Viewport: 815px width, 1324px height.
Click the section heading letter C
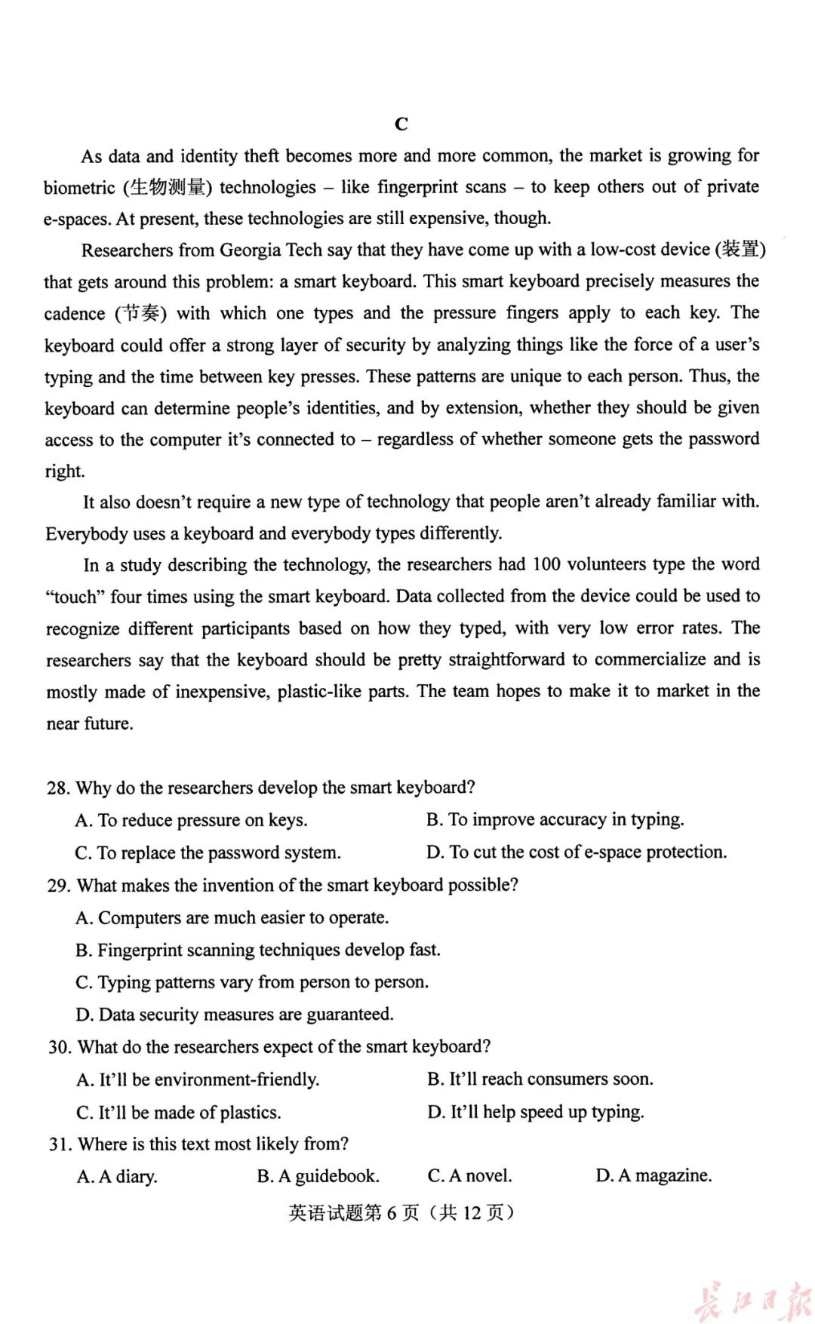tap(401, 124)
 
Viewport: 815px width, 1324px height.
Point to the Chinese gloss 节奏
tap(141, 313)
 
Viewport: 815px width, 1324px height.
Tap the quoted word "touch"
tap(75, 597)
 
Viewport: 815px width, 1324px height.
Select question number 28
tap(58, 788)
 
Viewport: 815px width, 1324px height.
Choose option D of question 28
tap(577, 852)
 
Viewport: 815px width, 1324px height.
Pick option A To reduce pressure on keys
tap(192, 820)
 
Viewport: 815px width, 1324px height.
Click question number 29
tap(58, 886)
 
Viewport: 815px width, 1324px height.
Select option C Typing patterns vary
tap(252, 982)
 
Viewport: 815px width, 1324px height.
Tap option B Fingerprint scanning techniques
tap(258, 950)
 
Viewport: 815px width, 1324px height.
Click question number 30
tap(59, 1047)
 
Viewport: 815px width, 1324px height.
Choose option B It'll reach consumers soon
tap(540, 1080)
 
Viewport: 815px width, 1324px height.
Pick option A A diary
tap(118, 1177)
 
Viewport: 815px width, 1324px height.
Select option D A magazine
tap(654, 1175)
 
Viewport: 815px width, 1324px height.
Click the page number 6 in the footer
tap(392, 1212)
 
